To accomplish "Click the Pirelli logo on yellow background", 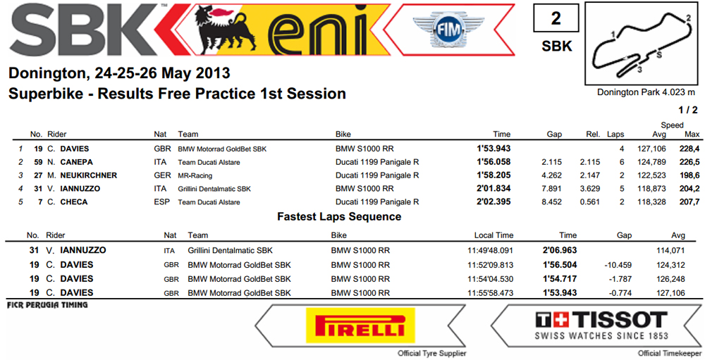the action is point(360,325).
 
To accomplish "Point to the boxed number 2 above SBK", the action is point(556,18).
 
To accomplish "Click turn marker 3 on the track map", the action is point(639,70).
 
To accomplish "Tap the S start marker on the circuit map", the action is point(659,54).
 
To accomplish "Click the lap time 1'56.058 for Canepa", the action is point(493,162).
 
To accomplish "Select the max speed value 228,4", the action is point(689,149).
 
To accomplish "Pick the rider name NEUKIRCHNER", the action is point(89,175).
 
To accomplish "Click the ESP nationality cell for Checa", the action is point(162,201).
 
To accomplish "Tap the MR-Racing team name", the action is point(195,175).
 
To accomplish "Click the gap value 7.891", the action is point(552,189).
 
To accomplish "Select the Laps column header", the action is point(615,134).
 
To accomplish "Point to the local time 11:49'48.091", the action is point(490,250).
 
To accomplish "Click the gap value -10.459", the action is point(618,265).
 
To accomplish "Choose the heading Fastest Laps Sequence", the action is point(339,216).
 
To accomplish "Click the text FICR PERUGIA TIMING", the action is point(47,305).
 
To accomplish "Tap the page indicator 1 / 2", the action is point(688,110).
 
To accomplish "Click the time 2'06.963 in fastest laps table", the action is point(560,250).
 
